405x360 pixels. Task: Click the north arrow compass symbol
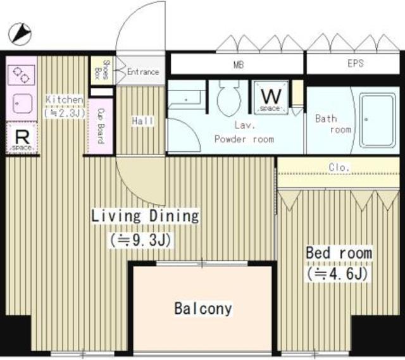click(21, 32)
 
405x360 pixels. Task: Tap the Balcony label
click(202, 309)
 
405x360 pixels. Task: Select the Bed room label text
click(339, 253)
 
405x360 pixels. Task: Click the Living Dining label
click(145, 216)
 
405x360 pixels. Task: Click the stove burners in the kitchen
click(22, 74)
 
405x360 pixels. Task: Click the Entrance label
click(142, 71)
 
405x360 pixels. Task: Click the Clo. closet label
click(339, 168)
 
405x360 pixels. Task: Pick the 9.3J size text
click(142, 240)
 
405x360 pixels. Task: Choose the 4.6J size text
click(337, 275)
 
